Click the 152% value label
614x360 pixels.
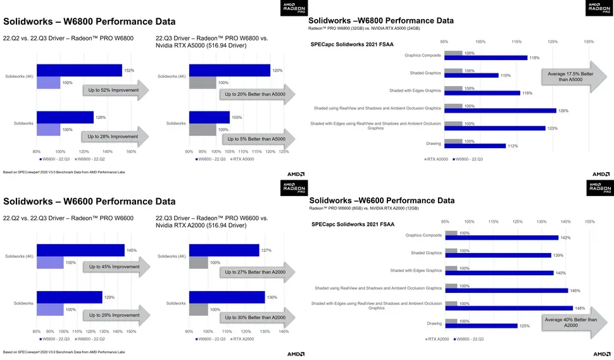tap(130, 70)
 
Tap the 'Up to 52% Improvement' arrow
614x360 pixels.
tap(116, 91)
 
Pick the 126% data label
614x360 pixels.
tap(563, 111)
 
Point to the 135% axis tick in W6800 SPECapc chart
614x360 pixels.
tap(589, 42)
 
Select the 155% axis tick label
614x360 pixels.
tap(589, 221)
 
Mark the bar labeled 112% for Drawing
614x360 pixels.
tap(475, 146)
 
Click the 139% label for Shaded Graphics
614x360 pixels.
tap(558, 255)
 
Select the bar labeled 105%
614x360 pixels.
tap(210, 118)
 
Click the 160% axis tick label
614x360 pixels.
tap(132, 151)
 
